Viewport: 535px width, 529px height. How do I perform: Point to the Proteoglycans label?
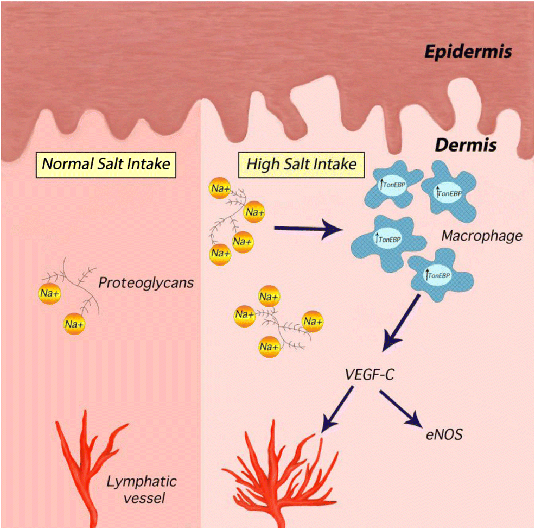click(146, 282)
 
